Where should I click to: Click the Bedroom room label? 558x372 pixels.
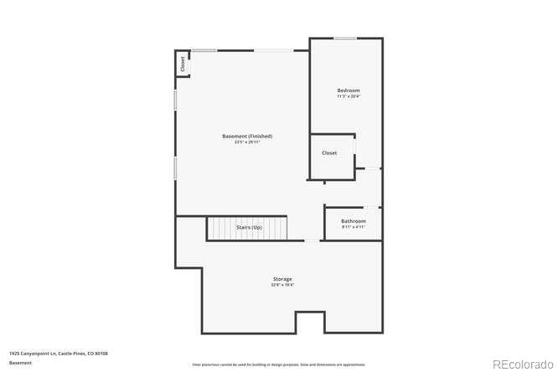tap(349, 90)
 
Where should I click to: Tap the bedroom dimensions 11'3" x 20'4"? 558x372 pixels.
tap(349, 96)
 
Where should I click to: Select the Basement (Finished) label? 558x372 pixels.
tap(247, 136)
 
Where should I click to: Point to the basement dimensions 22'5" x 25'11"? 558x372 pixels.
tap(247, 142)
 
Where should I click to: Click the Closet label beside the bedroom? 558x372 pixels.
tap(329, 153)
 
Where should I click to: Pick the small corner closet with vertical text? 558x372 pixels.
tap(182, 64)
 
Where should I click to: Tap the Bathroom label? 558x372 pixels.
tap(354, 221)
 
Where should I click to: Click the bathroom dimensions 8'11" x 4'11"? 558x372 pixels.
tap(354, 227)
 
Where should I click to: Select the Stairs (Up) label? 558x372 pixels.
tap(249, 227)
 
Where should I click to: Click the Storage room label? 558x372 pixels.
tap(282, 279)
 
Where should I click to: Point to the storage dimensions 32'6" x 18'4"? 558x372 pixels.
tap(282, 285)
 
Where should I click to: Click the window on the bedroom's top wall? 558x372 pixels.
tap(345, 38)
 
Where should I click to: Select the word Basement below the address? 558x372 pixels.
tap(20, 363)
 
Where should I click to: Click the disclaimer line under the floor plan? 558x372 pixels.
tap(279, 364)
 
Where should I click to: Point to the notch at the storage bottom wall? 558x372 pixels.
tap(310, 321)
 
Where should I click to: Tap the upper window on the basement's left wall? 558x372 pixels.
tap(175, 99)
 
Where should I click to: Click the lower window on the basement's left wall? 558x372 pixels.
tap(175, 167)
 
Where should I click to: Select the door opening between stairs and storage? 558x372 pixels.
tap(311, 241)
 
